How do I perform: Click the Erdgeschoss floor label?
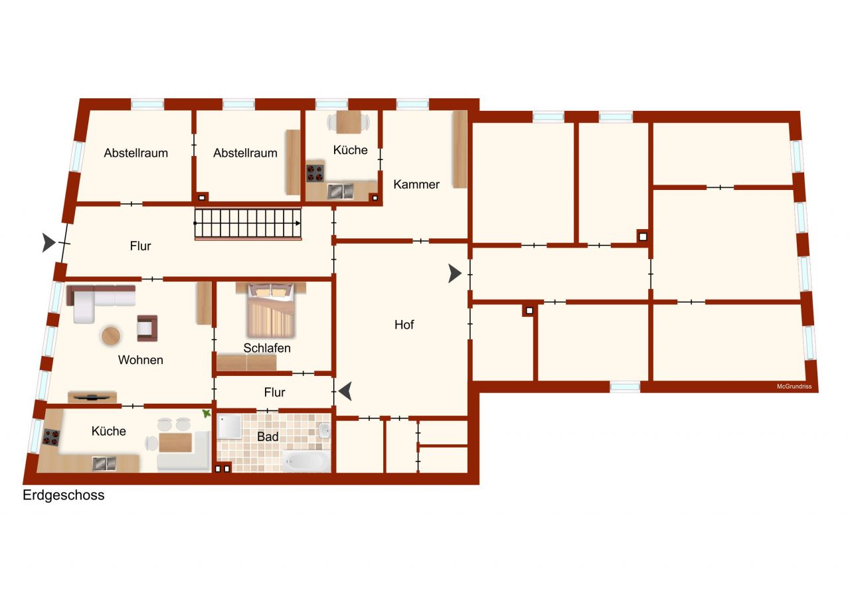pos(64,495)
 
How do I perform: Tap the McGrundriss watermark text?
pos(794,386)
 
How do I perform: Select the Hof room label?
pos(404,325)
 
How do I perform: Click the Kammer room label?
pos(416,185)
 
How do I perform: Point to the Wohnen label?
pos(140,360)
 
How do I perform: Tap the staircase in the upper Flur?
pos(248,224)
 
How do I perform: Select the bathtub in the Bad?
pos(306,460)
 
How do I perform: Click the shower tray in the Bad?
pos(232,427)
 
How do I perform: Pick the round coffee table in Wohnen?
pos(112,336)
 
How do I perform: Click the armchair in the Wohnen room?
pos(147,327)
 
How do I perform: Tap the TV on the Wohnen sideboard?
pos(92,397)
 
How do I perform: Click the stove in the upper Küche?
pos(315,173)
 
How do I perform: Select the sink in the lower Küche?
pos(104,463)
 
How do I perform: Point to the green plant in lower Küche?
pos(207,414)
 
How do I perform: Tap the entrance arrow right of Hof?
pos(455,273)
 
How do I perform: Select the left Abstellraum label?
pos(135,153)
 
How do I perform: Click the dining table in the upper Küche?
pos(348,122)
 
